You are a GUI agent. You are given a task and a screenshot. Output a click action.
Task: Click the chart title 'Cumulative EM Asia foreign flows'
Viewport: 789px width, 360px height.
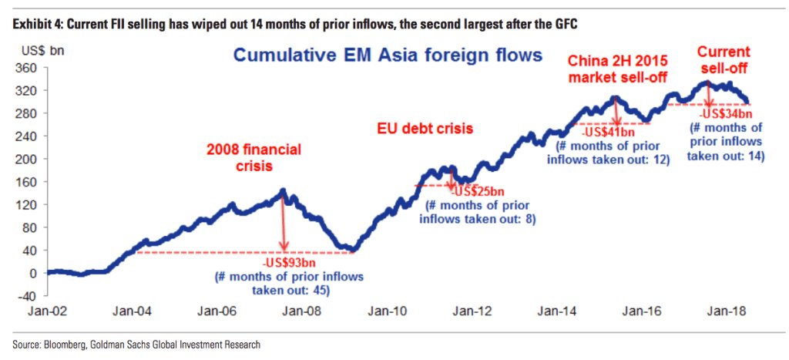point(388,56)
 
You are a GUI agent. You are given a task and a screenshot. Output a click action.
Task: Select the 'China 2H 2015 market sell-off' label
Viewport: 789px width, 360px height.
point(619,69)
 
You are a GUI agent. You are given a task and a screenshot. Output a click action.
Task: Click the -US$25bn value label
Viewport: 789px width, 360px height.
point(477,190)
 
